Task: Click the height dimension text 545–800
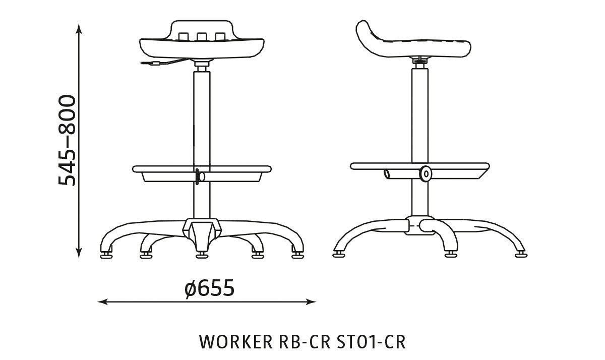[67, 140]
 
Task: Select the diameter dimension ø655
[209, 288]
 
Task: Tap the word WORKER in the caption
[235, 341]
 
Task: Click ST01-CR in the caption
[371, 341]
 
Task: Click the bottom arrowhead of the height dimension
[79, 254]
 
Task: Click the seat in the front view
[202, 48]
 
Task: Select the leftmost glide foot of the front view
[106, 255]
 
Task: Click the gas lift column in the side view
[419, 116]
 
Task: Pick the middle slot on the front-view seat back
[202, 36]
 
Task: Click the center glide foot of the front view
[202, 255]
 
